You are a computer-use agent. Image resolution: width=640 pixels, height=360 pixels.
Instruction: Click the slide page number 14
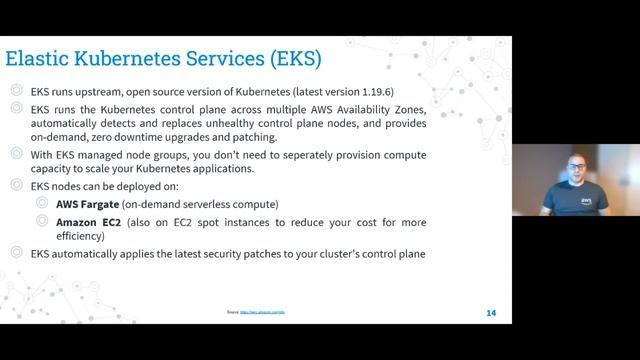pos(491,313)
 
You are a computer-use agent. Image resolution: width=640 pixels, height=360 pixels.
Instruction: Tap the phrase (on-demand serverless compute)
pos(207,204)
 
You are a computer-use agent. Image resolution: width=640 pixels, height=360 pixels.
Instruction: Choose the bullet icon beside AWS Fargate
pos(41,203)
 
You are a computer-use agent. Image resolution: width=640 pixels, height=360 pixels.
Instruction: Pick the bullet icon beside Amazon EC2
pos(41,221)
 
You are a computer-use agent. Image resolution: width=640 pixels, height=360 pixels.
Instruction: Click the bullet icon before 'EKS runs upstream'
pos(17,89)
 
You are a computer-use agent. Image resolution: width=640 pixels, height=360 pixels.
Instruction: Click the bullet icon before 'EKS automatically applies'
pos(17,253)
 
